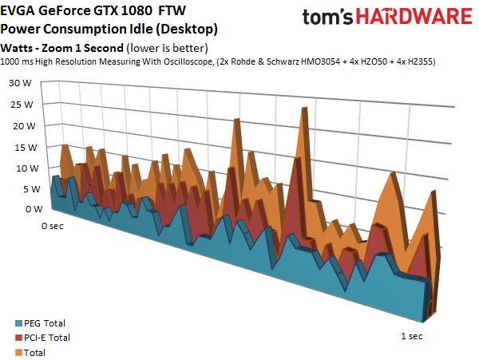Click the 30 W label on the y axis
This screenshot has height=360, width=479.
coord(20,83)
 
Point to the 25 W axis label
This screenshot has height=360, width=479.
coord(22,105)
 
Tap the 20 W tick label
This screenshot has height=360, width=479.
coord(24,126)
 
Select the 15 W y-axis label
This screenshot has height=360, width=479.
coord(26,148)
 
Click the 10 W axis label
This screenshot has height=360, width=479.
coord(27,168)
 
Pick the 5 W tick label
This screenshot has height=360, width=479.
coord(31,189)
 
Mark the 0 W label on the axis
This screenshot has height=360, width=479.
coord(34,209)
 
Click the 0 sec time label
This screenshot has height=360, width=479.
coord(53,226)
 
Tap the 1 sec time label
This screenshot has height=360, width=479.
coord(412,336)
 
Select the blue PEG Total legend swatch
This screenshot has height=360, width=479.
coord(18,323)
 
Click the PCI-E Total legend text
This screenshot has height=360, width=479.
coord(47,338)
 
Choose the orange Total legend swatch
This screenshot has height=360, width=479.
coord(18,353)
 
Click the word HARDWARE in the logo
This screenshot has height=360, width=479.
coord(414,17)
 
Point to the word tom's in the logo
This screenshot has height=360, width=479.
coord(327,17)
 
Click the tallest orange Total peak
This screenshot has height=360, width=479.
coord(304,108)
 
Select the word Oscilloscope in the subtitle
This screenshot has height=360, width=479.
coord(188,61)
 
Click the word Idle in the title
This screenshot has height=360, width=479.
coord(141,29)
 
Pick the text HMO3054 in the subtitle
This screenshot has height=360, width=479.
coord(320,61)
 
